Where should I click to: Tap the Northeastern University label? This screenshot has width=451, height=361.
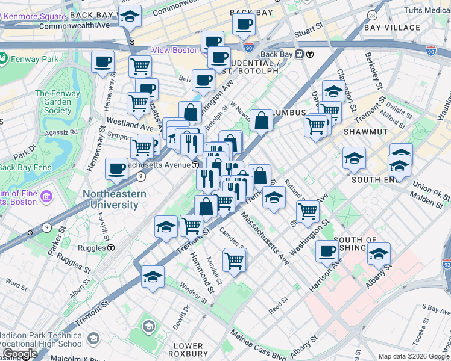click(x=114, y=199)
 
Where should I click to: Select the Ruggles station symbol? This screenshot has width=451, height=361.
click(x=112, y=248)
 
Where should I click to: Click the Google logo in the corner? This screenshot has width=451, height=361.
click(x=19, y=353)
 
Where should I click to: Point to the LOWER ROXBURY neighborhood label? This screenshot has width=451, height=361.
click(x=188, y=350)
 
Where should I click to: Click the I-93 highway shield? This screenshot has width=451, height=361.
click(x=446, y=263)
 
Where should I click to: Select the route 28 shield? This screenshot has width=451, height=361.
click(x=372, y=15)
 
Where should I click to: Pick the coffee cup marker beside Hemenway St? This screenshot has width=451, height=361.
click(x=102, y=61)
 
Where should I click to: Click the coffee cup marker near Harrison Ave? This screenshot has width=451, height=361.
click(x=327, y=251)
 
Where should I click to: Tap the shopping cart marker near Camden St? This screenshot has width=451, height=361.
click(x=234, y=260)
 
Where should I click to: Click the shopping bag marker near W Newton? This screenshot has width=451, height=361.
click(x=262, y=120)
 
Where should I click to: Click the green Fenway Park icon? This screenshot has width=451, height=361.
click(x=3, y=59)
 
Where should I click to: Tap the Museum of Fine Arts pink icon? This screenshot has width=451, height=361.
click(x=46, y=197)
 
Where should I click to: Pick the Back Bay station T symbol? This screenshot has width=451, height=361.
click(x=309, y=54)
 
